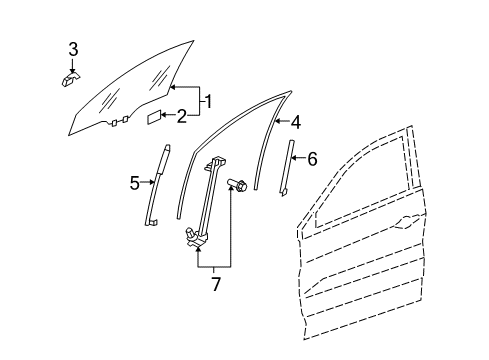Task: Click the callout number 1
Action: click(x=208, y=102)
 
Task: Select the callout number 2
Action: click(x=182, y=116)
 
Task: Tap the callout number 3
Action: click(x=73, y=49)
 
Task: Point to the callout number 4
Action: click(x=296, y=122)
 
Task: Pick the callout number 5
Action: click(x=135, y=183)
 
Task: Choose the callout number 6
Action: click(x=312, y=159)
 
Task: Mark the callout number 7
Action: click(x=216, y=284)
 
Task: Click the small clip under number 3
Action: click(x=70, y=78)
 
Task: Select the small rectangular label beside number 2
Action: click(x=154, y=117)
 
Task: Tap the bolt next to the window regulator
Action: click(x=237, y=184)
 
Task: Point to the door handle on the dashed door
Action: click(x=407, y=222)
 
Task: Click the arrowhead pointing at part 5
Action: click(x=152, y=182)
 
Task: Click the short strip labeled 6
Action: click(x=287, y=167)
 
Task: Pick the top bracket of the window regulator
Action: click(x=214, y=162)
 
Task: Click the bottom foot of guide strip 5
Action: click(x=151, y=222)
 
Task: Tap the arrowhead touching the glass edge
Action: click(x=173, y=87)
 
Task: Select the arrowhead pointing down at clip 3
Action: click(x=72, y=69)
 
